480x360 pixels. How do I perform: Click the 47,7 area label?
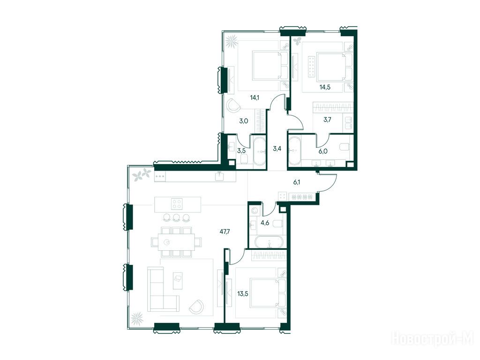[x=225, y=232]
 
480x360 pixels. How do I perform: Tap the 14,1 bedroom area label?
[x=255, y=98]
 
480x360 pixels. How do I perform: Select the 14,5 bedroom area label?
[x=325, y=87]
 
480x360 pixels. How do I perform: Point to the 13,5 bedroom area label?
[x=243, y=294]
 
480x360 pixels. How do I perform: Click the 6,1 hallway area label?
[x=297, y=182]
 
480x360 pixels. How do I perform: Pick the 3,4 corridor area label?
[x=277, y=149]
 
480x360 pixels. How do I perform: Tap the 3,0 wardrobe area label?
[x=244, y=121]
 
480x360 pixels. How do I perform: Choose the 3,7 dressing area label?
[x=327, y=120]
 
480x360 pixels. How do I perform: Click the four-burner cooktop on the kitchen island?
[x=177, y=204]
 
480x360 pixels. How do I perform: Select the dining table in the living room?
[x=176, y=242]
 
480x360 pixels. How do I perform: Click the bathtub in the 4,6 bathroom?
[x=270, y=242]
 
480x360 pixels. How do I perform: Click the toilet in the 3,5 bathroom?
[x=245, y=159]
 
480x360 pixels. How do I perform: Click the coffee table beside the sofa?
[x=178, y=280]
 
